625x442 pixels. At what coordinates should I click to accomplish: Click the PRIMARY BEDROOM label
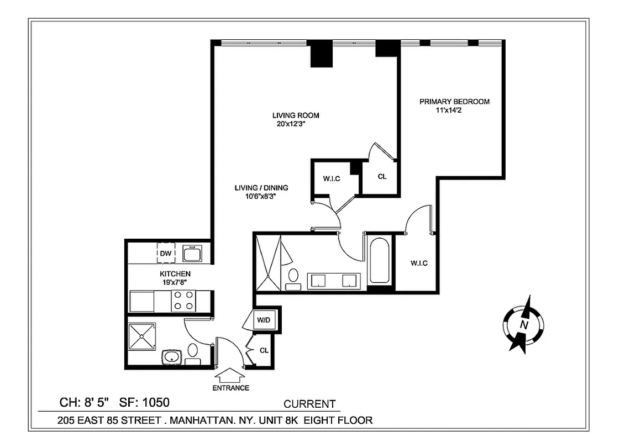point(454,102)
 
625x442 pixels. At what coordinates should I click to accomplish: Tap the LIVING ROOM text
point(296,115)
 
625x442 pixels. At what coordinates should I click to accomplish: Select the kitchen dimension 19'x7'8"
point(175,282)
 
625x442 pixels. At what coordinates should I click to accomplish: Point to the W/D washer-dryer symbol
point(262,319)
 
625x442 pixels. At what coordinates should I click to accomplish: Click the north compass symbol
point(523,324)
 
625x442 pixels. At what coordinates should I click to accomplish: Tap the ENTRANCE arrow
point(230,376)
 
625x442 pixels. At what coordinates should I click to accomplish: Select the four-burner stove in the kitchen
point(183,302)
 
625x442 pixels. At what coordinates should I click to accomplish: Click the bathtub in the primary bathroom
point(380,260)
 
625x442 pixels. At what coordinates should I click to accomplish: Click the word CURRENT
point(309,404)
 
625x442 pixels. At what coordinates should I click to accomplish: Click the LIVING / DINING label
point(261,188)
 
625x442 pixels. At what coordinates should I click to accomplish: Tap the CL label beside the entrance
point(264,350)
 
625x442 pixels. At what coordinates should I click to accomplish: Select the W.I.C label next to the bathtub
point(419,263)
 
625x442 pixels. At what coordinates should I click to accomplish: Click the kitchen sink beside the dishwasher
point(192,253)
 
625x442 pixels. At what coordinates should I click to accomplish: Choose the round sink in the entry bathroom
point(173,356)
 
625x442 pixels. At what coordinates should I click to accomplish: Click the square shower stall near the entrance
point(142,336)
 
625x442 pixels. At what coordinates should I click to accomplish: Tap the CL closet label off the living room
point(382,177)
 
